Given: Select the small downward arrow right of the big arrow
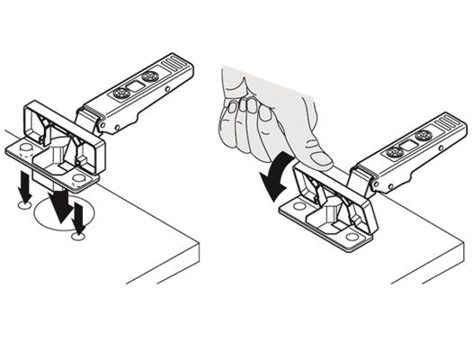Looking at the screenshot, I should point(79,217).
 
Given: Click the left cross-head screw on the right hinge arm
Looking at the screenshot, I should point(394,150).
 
